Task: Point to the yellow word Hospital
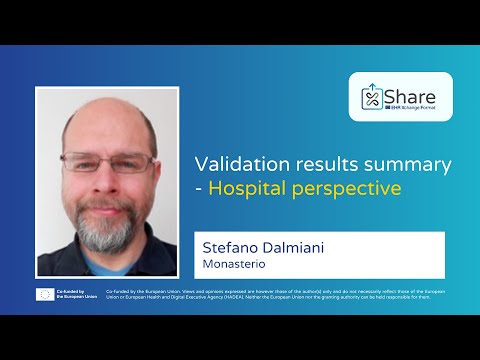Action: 244,187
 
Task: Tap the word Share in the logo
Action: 410,95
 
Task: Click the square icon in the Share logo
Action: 372,98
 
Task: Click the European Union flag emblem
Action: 46,295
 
